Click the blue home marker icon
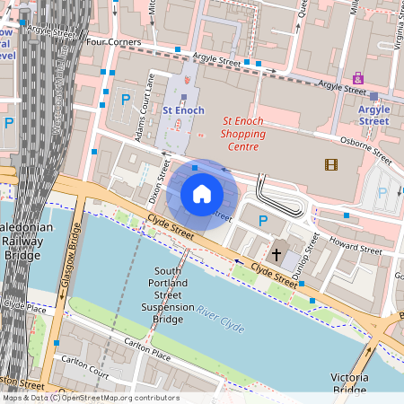[x=202, y=194]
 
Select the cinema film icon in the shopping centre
[x=332, y=164]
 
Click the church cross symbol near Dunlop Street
[x=277, y=254]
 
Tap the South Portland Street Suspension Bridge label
[x=168, y=294]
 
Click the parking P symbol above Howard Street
[x=263, y=221]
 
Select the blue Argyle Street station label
[x=374, y=115]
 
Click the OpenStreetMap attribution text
[x=90, y=398]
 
